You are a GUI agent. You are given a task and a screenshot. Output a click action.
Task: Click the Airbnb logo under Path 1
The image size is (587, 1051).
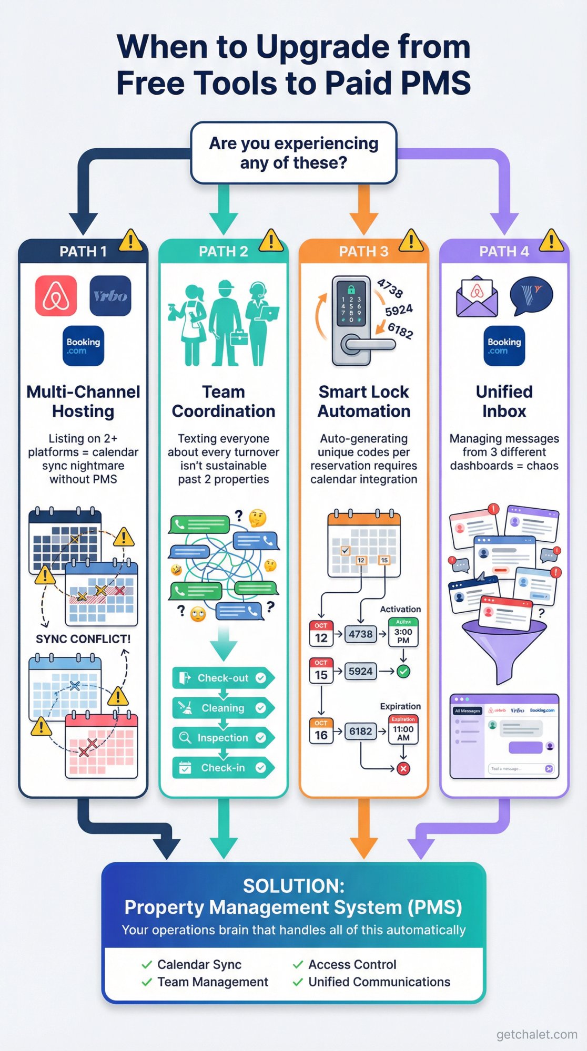[x=56, y=296]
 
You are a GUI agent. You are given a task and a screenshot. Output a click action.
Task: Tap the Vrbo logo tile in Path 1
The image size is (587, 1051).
[x=110, y=296]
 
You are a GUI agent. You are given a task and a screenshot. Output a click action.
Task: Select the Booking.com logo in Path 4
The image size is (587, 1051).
[x=504, y=346]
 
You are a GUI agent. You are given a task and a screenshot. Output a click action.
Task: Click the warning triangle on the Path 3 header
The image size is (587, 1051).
[x=411, y=241]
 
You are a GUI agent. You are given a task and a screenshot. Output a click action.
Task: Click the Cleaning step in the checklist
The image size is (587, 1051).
[x=223, y=708]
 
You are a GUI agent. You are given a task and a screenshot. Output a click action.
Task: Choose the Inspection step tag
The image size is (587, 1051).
[x=223, y=738]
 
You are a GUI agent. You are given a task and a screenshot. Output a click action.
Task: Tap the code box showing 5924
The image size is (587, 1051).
[x=360, y=671]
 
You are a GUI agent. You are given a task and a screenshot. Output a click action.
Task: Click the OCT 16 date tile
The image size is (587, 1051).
[x=321, y=730]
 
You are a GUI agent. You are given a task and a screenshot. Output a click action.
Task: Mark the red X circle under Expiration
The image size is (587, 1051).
[x=403, y=769]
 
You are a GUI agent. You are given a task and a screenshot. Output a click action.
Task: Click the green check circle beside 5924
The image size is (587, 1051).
[x=403, y=671]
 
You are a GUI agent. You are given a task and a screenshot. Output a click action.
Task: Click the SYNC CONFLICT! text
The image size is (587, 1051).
[x=83, y=639]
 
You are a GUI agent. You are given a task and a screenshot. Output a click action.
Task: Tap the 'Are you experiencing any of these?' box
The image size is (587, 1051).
[x=293, y=153]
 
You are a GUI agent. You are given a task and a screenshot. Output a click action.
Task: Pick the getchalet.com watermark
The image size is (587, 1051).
[x=537, y=1034]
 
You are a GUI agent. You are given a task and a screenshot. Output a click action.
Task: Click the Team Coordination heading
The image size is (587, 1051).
[x=223, y=401]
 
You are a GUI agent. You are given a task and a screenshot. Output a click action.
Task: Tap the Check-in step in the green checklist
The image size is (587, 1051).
[x=223, y=768]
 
